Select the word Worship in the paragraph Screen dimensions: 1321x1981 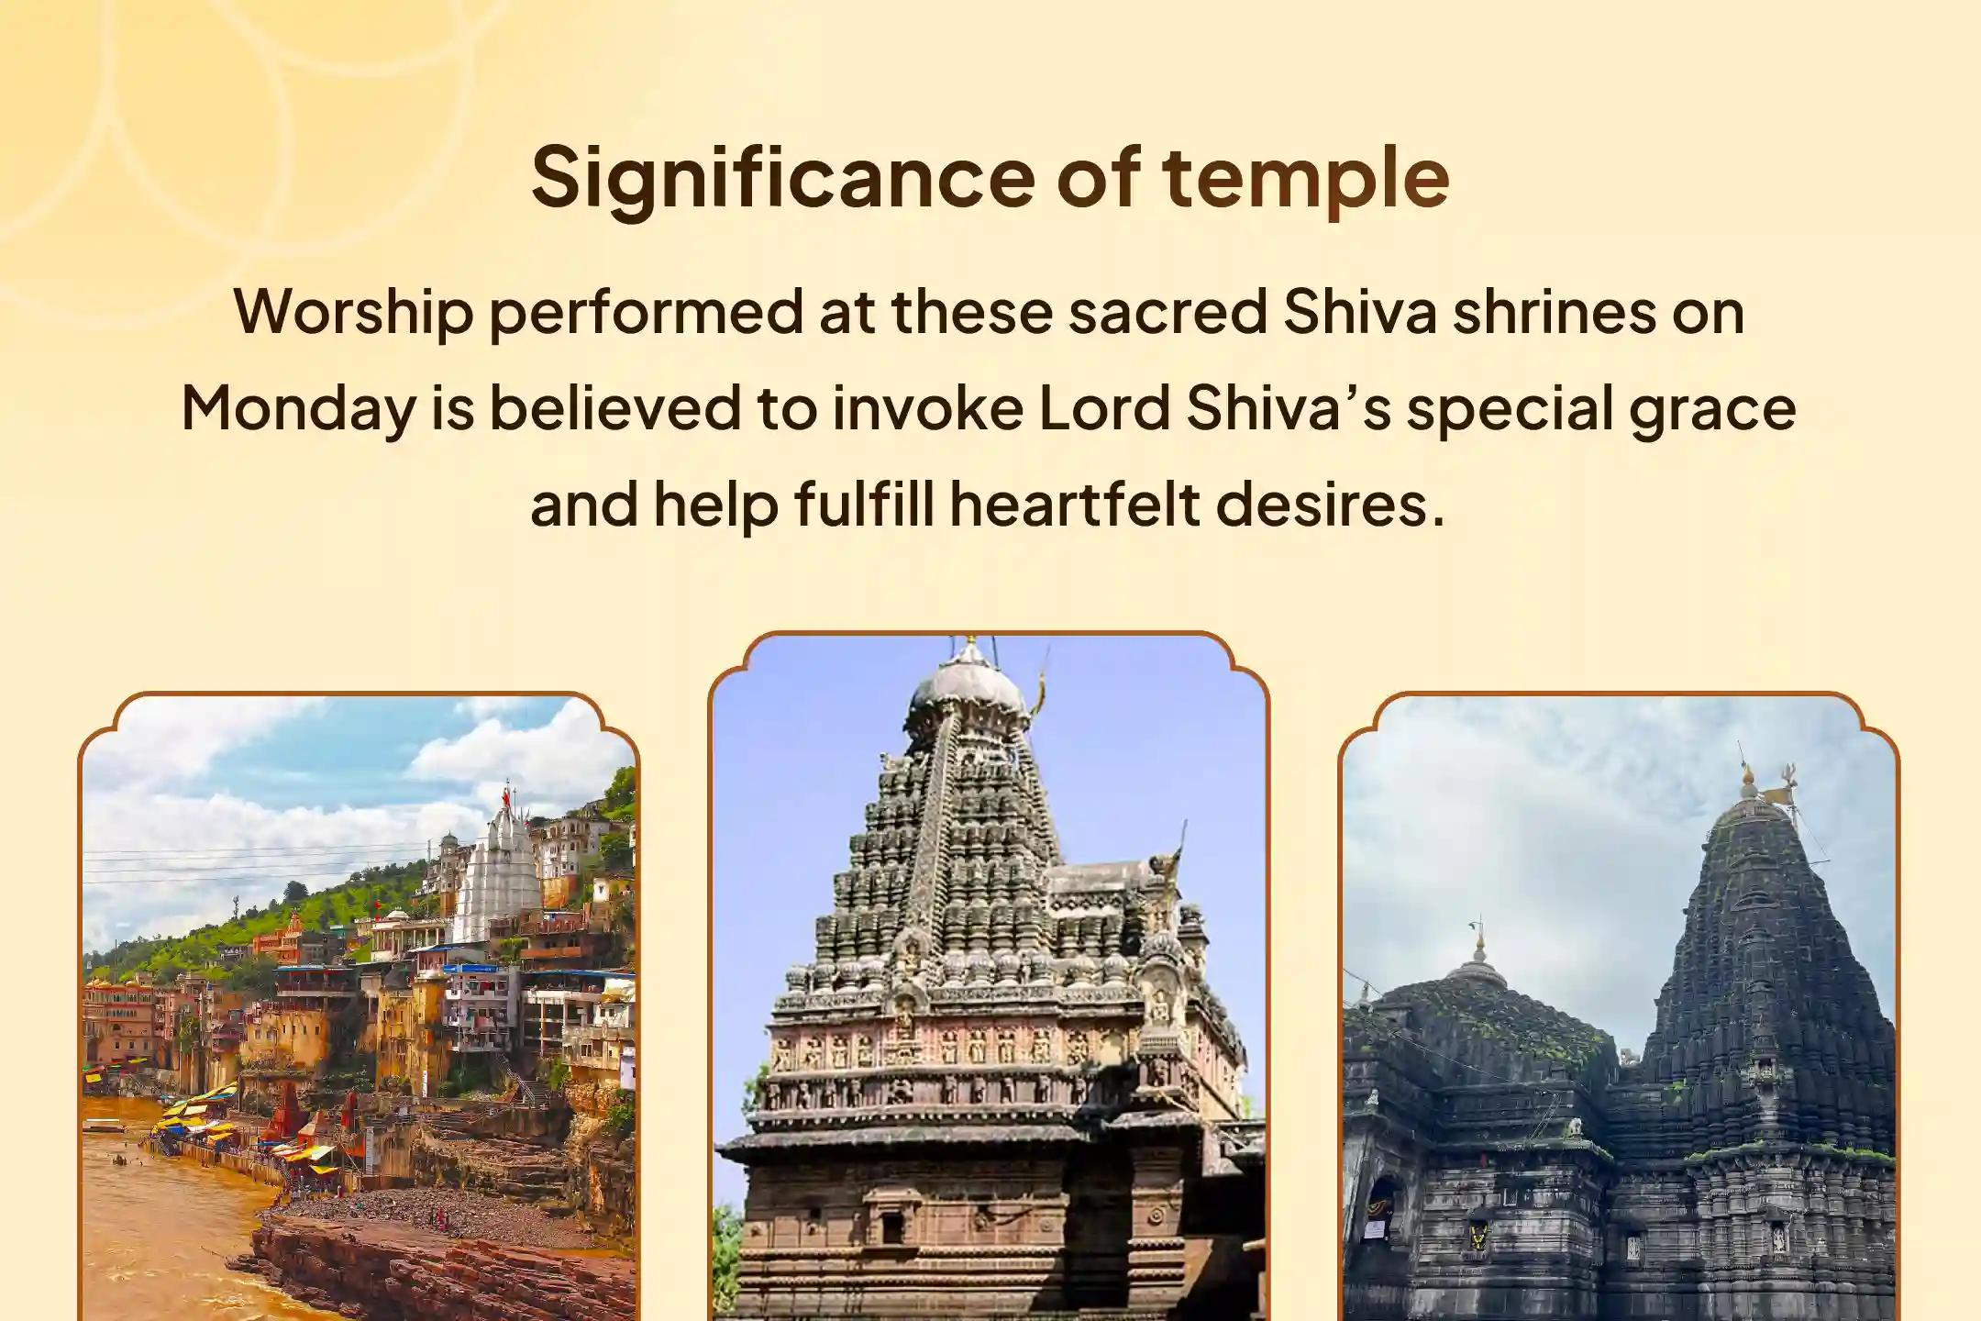tap(353, 313)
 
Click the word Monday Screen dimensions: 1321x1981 tap(298, 409)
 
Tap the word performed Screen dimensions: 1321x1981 tap(647, 313)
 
